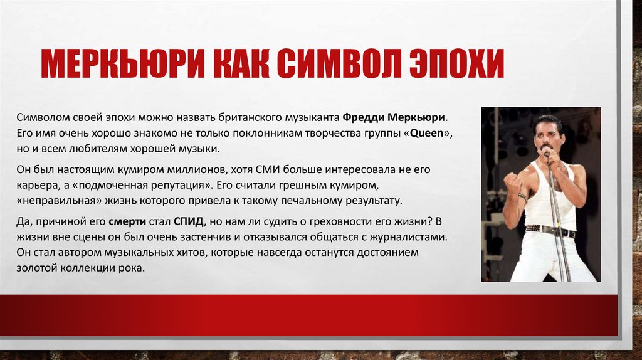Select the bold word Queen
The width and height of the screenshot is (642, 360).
coord(428,134)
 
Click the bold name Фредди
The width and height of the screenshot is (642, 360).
coord(364,118)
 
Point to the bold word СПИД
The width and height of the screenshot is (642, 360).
coord(189,222)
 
